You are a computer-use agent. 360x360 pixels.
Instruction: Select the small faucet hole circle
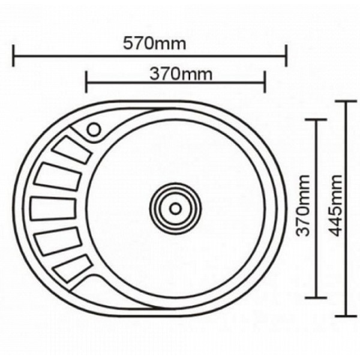click(x=94, y=129)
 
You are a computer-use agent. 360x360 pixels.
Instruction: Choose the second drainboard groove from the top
click(x=58, y=178)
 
